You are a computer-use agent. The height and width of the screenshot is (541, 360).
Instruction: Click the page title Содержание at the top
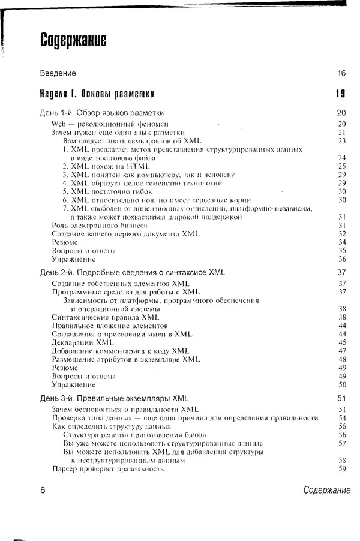[73, 40]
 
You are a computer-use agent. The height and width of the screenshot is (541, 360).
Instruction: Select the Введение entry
[58, 73]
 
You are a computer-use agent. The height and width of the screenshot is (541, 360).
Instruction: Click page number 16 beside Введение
[341, 73]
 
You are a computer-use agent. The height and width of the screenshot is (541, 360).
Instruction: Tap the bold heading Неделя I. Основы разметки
[97, 94]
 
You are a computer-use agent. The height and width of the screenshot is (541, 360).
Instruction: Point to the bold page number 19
[340, 94]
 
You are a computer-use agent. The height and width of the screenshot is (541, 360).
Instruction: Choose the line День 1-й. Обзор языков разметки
[102, 113]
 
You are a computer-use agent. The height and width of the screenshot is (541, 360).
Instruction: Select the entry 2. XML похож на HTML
[105, 166]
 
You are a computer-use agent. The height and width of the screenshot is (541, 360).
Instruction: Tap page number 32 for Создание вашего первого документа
[343, 233]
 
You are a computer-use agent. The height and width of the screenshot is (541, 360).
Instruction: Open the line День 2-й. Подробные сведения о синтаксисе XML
[133, 272]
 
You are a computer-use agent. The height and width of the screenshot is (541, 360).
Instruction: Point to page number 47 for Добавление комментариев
[343, 351]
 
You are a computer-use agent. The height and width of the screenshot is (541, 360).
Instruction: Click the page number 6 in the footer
[43, 490]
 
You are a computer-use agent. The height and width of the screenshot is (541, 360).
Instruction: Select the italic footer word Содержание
[326, 490]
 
